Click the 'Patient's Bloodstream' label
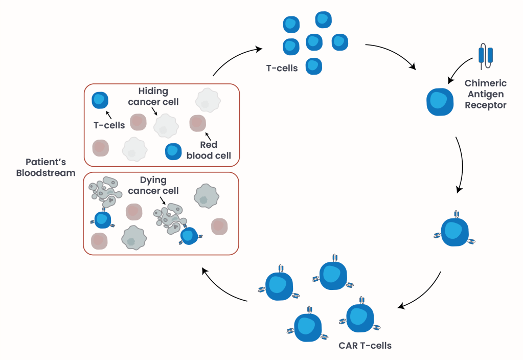click(x=46, y=168)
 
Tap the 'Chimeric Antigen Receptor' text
click(x=485, y=94)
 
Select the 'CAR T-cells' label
click(x=365, y=346)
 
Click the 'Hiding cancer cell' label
click(x=153, y=97)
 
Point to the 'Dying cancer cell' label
click(x=153, y=186)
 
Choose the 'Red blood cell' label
click(x=209, y=150)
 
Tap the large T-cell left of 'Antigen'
click(x=440, y=102)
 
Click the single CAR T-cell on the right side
click(x=453, y=232)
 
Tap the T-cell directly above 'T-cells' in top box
click(x=99, y=101)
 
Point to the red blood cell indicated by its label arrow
click(x=197, y=123)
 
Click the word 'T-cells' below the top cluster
click(x=282, y=67)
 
